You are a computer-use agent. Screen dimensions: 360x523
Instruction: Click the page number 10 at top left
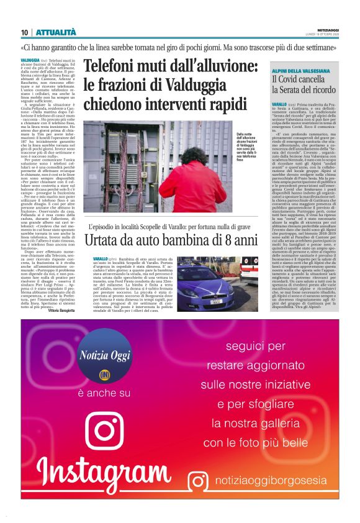point(24,32)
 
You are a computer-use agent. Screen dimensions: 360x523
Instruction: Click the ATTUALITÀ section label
point(56,32)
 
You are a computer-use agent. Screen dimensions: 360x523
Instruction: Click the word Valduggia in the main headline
point(205,84)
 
